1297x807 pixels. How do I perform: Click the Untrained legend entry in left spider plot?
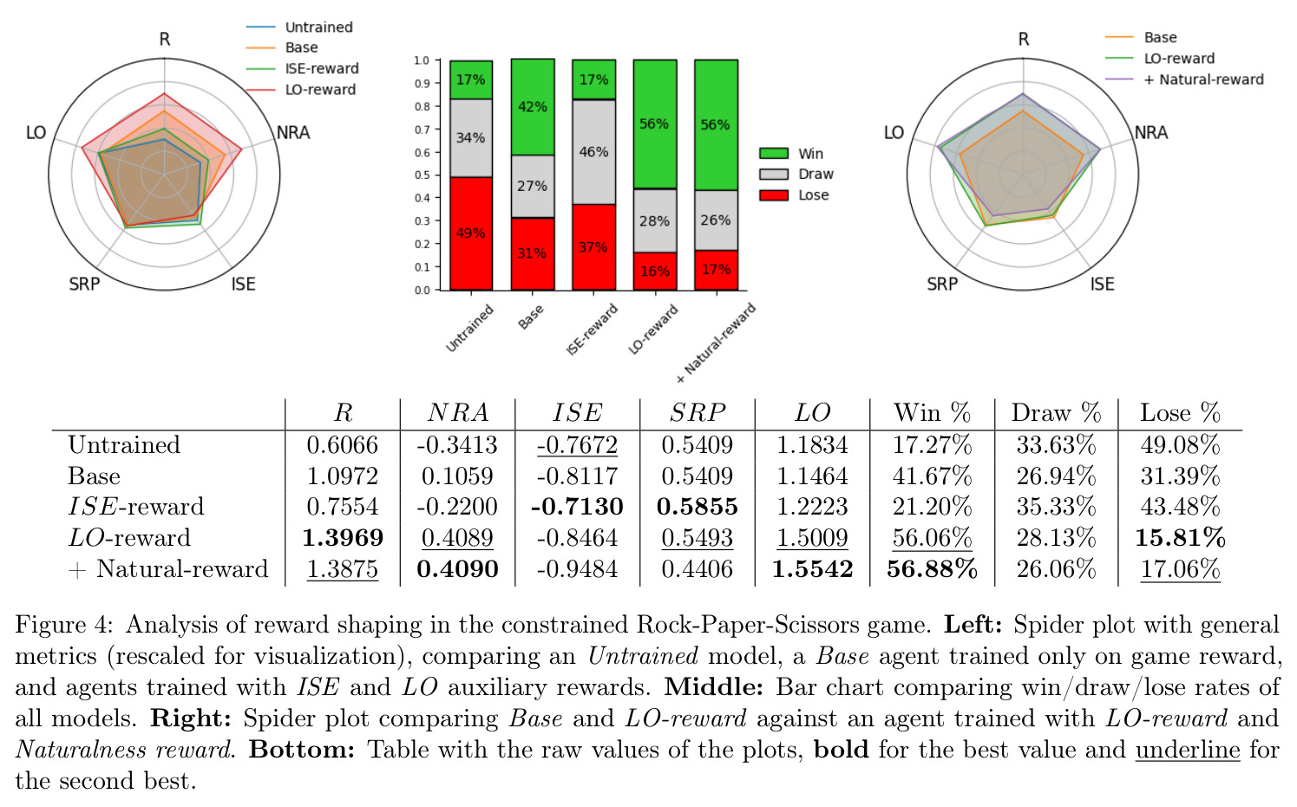tap(299, 27)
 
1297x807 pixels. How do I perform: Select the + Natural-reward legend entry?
tap(1184, 79)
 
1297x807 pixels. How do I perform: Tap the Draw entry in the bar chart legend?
tap(796, 174)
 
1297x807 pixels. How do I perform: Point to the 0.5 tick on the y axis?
tap(422, 175)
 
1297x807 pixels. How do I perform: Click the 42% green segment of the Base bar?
tap(533, 108)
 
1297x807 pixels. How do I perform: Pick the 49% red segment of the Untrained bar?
tap(471, 233)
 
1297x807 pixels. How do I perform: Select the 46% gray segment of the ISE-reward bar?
tap(593, 152)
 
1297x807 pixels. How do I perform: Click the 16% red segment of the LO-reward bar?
tap(655, 271)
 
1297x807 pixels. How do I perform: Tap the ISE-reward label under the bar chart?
tap(592, 329)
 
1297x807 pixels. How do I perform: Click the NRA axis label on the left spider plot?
tap(293, 133)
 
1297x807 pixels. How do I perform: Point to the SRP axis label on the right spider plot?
tap(942, 284)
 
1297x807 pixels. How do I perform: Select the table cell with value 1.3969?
tap(343, 538)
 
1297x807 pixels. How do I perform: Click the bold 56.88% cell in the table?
tap(932, 569)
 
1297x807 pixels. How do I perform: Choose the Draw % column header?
tap(1056, 413)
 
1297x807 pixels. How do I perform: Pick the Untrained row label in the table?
tap(124, 445)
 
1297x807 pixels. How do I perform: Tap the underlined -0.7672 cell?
tap(577, 445)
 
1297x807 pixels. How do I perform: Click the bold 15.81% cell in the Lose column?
tap(1180, 538)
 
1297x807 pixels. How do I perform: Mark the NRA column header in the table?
tap(457, 413)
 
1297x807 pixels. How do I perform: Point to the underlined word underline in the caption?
tap(1188, 750)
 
